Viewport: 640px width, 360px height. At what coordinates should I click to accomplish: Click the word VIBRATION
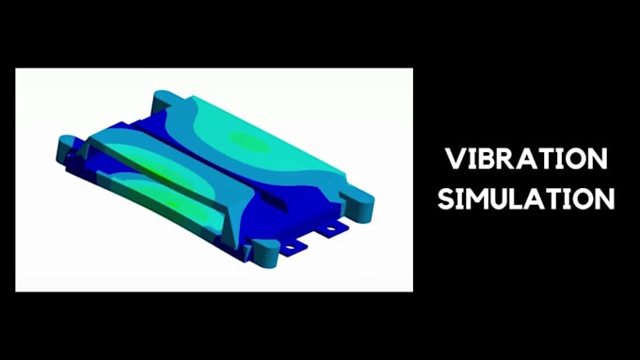pos(526,158)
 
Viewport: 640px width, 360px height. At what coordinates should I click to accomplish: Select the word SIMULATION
pos(526,199)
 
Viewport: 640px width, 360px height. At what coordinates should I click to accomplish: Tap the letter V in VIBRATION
pos(455,158)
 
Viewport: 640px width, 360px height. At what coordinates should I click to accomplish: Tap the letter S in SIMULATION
pos(446,199)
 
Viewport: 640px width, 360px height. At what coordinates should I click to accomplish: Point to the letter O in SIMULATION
pos(584,199)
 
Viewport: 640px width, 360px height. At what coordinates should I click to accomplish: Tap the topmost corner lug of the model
pos(162,97)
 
